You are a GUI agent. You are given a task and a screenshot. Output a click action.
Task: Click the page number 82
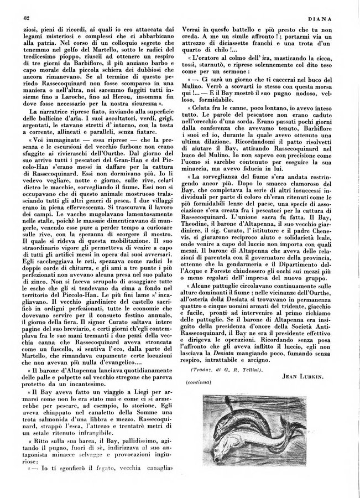pyautogui.click(x=27, y=18)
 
